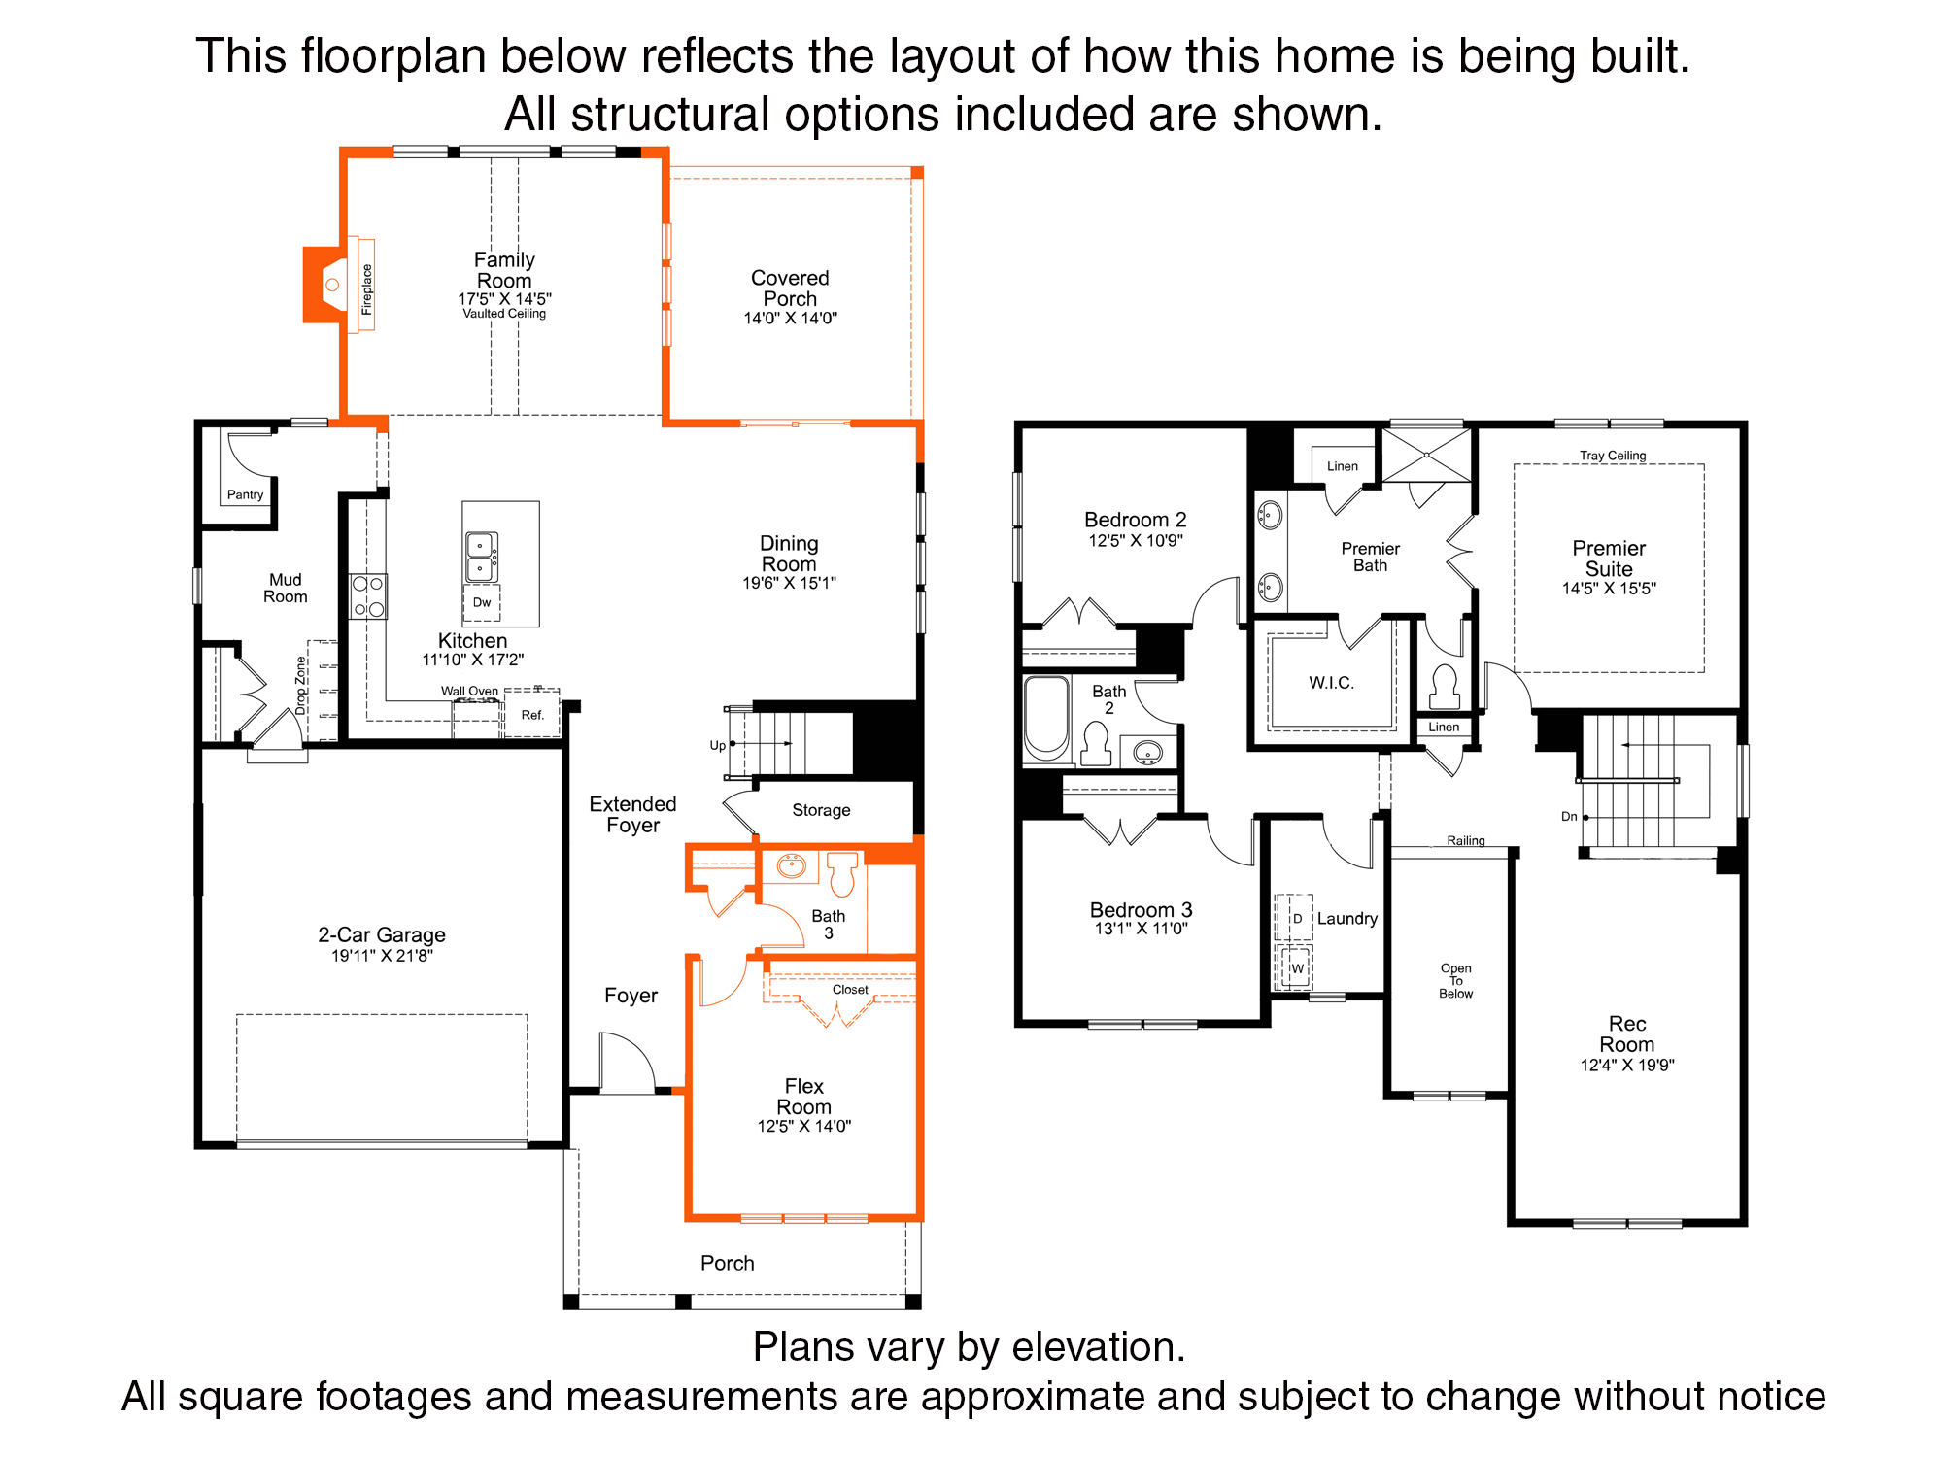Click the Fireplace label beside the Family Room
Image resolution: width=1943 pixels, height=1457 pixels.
click(366, 289)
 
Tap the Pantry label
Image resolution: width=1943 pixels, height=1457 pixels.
click(245, 494)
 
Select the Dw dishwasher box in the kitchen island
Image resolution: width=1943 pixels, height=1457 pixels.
click(482, 602)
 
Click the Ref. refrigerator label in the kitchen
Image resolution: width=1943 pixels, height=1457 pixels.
click(532, 715)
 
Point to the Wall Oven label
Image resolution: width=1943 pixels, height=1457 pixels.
click(469, 692)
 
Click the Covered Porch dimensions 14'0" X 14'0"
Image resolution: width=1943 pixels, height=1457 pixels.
click(790, 319)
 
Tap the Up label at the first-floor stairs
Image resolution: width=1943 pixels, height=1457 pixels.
click(718, 746)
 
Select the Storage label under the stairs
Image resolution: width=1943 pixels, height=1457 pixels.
click(821, 810)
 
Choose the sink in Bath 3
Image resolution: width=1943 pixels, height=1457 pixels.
click(792, 865)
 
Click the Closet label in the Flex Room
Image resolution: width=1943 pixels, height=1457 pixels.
click(850, 990)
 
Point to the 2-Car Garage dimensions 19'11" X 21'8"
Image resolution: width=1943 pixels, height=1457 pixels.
click(382, 956)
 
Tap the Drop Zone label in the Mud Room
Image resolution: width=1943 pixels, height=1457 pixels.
click(300, 686)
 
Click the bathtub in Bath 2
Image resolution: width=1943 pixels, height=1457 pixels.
click(1046, 719)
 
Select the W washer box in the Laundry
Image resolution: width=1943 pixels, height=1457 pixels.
click(1297, 967)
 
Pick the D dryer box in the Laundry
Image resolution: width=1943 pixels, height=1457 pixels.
click(1297, 918)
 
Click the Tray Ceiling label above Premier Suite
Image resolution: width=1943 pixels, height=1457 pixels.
click(1613, 456)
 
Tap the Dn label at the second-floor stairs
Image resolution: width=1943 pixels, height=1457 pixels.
click(1569, 817)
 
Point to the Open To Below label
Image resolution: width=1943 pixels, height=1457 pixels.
click(1455, 981)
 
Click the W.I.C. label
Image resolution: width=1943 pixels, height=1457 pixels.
click(1331, 683)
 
